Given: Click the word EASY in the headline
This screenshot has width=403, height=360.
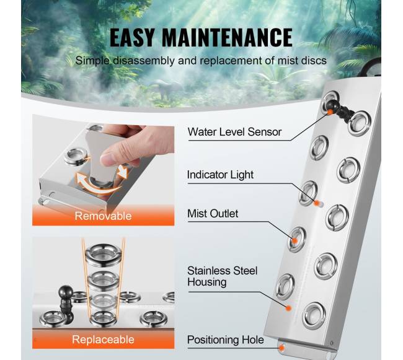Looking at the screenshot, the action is point(132,38).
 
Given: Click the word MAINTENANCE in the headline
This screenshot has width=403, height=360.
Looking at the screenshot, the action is point(227,38).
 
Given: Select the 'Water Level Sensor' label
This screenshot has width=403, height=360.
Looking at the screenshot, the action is point(234,132).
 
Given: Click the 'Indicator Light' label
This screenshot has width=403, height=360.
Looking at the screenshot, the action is point(220,175).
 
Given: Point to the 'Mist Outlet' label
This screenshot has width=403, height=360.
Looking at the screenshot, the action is point(213,214).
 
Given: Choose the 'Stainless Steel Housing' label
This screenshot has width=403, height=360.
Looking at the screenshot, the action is point(223,276).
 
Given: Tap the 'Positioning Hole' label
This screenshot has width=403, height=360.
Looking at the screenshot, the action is point(226,340).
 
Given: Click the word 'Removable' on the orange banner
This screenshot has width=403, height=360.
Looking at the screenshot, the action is point(103,216).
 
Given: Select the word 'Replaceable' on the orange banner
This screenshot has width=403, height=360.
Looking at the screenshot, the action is point(103,340).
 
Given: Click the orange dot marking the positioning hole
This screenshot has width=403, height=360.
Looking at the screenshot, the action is point(282,348).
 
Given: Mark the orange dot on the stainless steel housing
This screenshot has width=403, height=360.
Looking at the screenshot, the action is point(289,308).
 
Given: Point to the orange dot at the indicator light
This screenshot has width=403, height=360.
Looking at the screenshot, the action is point(316,203).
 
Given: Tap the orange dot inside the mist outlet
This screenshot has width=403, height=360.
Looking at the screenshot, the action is point(294,240).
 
